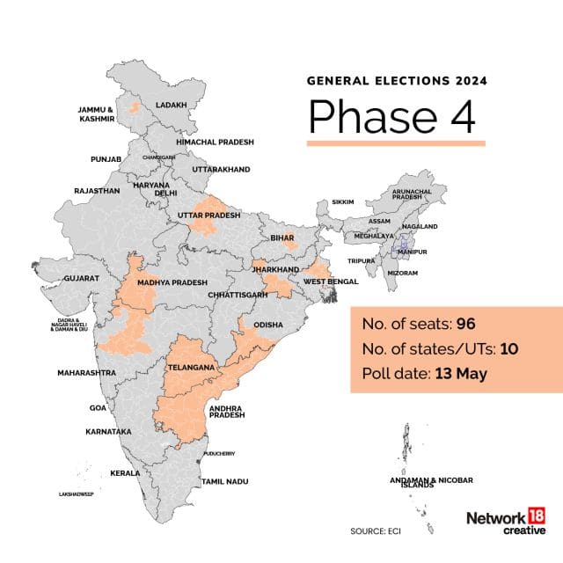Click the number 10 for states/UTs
pos(509,349)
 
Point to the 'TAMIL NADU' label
pos(224,482)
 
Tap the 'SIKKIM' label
pos(342,202)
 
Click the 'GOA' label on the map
pos(98,408)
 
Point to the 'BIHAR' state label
pos(281,238)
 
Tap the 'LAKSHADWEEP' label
pos(77,494)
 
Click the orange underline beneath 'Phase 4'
pos(396,143)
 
